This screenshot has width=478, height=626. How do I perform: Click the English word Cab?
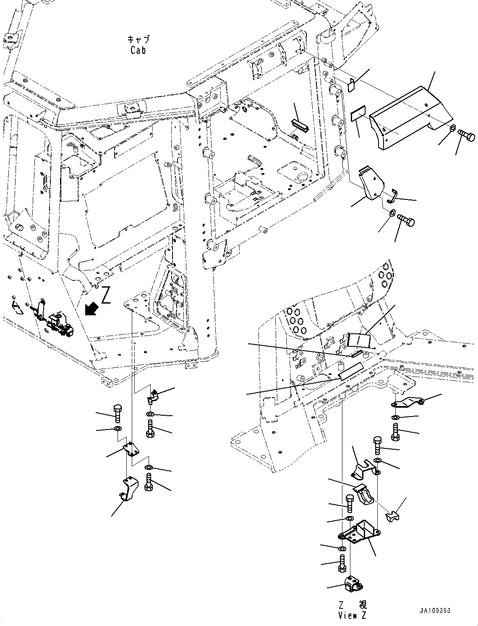[x=138, y=50]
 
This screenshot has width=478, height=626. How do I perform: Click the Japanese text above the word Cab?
[x=138, y=39]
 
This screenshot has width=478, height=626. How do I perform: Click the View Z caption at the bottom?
[x=353, y=615]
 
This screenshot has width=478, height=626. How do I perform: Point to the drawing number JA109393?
[x=435, y=610]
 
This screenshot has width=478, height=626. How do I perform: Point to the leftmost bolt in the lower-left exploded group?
[x=117, y=414]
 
